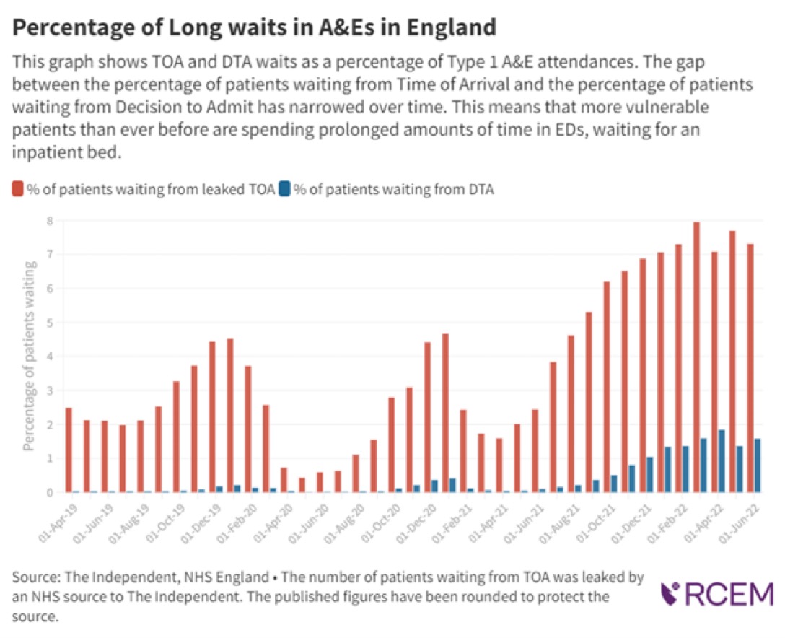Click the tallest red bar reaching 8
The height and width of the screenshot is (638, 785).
click(x=696, y=357)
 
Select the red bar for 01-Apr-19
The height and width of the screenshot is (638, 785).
click(x=69, y=450)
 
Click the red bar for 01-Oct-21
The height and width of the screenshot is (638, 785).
click(x=607, y=387)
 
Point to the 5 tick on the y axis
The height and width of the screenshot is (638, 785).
click(x=51, y=323)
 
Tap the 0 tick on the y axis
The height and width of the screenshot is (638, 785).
click(x=51, y=493)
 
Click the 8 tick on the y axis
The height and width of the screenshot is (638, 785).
click(x=51, y=221)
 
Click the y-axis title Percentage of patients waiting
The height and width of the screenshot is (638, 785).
click(x=30, y=357)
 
